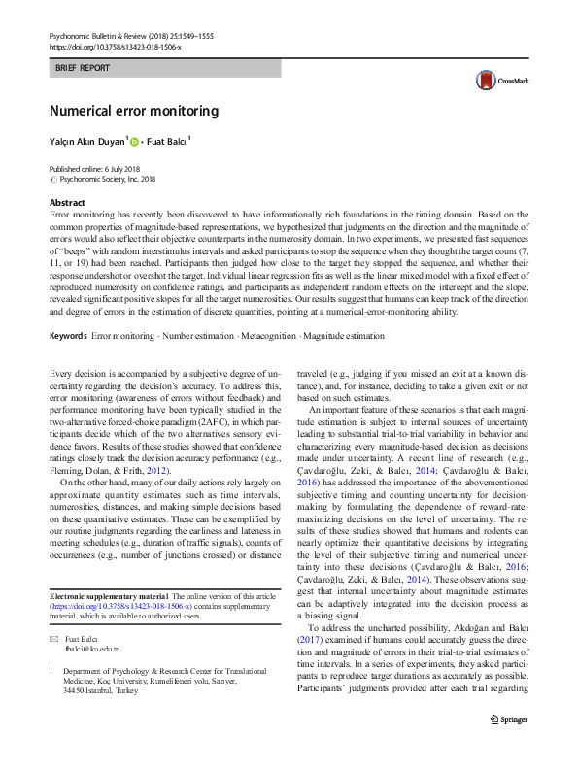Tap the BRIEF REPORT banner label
pos(83,68)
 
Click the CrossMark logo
pos(500,83)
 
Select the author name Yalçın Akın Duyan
pos(87,142)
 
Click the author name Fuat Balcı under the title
pos(166,142)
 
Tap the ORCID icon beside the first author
pos(134,142)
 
